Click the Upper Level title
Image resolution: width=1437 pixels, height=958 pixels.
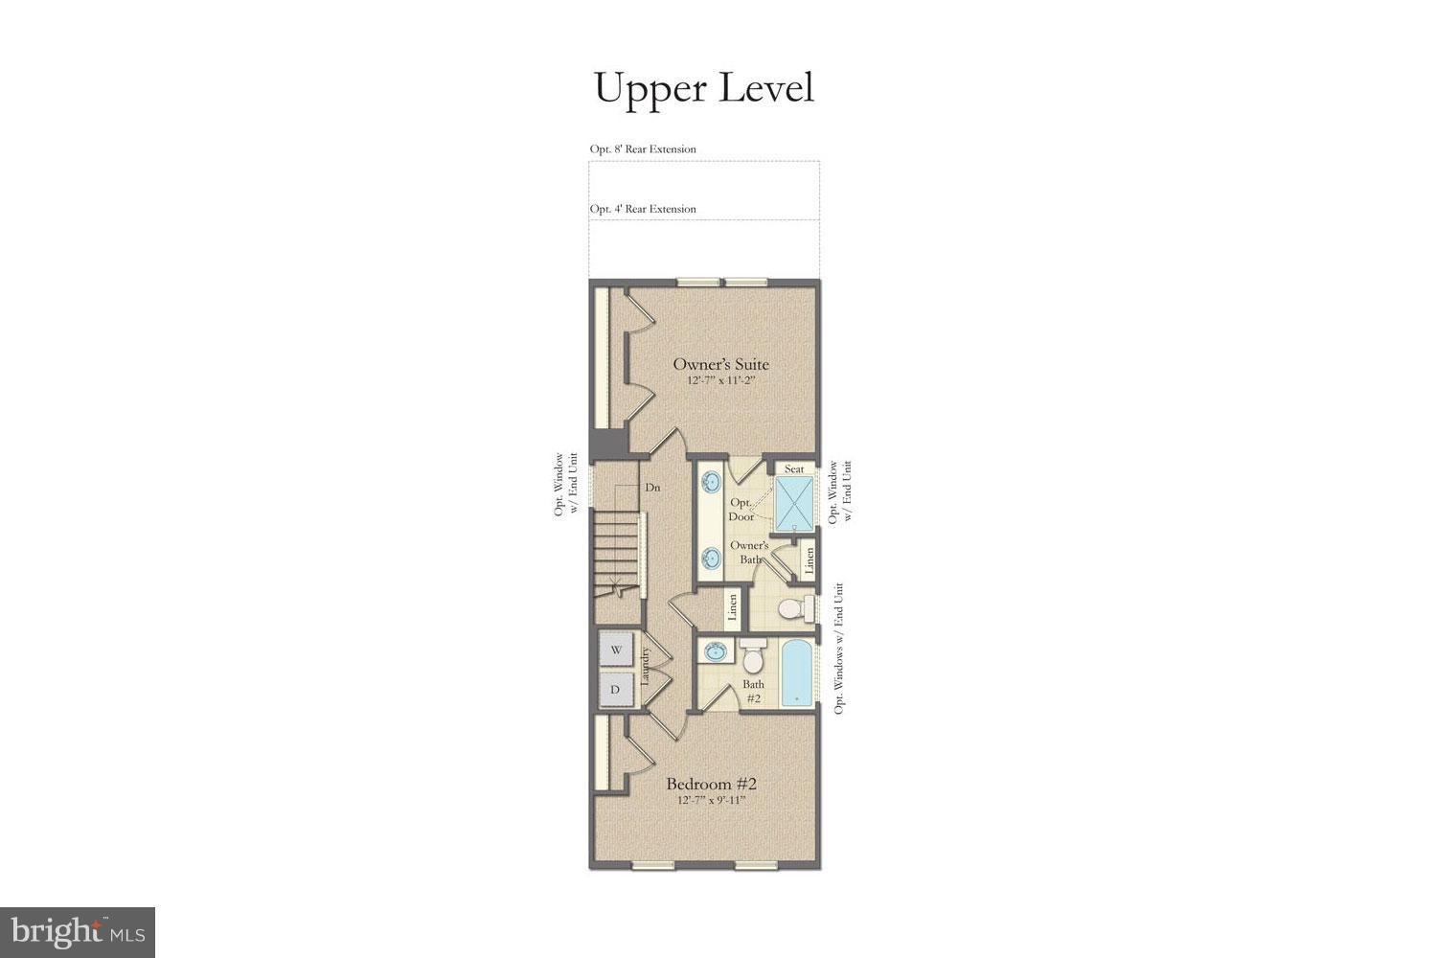[x=704, y=87]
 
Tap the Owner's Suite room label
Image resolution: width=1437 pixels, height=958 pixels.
[x=720, y=364]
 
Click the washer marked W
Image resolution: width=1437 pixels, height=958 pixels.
[x=616, y=650]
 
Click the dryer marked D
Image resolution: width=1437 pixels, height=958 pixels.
[x=616, y=689]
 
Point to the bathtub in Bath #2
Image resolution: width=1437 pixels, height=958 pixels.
[x=797, y=673]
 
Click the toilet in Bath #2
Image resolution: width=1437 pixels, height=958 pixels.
[x=753, y=658]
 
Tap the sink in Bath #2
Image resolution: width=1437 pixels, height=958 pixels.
[x=714, y=652]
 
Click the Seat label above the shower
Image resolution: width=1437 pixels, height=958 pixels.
[x=794, y=468]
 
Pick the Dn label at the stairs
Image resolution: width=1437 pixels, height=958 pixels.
[x=652, y=488]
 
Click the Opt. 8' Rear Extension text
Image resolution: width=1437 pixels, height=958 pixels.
[x=643, y=149]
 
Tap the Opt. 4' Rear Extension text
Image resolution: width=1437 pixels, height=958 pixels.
[x=643, y=209]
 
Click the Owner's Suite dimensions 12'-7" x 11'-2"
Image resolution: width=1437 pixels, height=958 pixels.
[x=720, y=381]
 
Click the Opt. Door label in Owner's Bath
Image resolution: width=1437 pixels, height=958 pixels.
[x=741, y=510]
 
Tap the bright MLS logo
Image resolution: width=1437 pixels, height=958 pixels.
[x=77, y=931]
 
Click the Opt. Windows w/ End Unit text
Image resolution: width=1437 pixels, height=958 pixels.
[x=840, y=649]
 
